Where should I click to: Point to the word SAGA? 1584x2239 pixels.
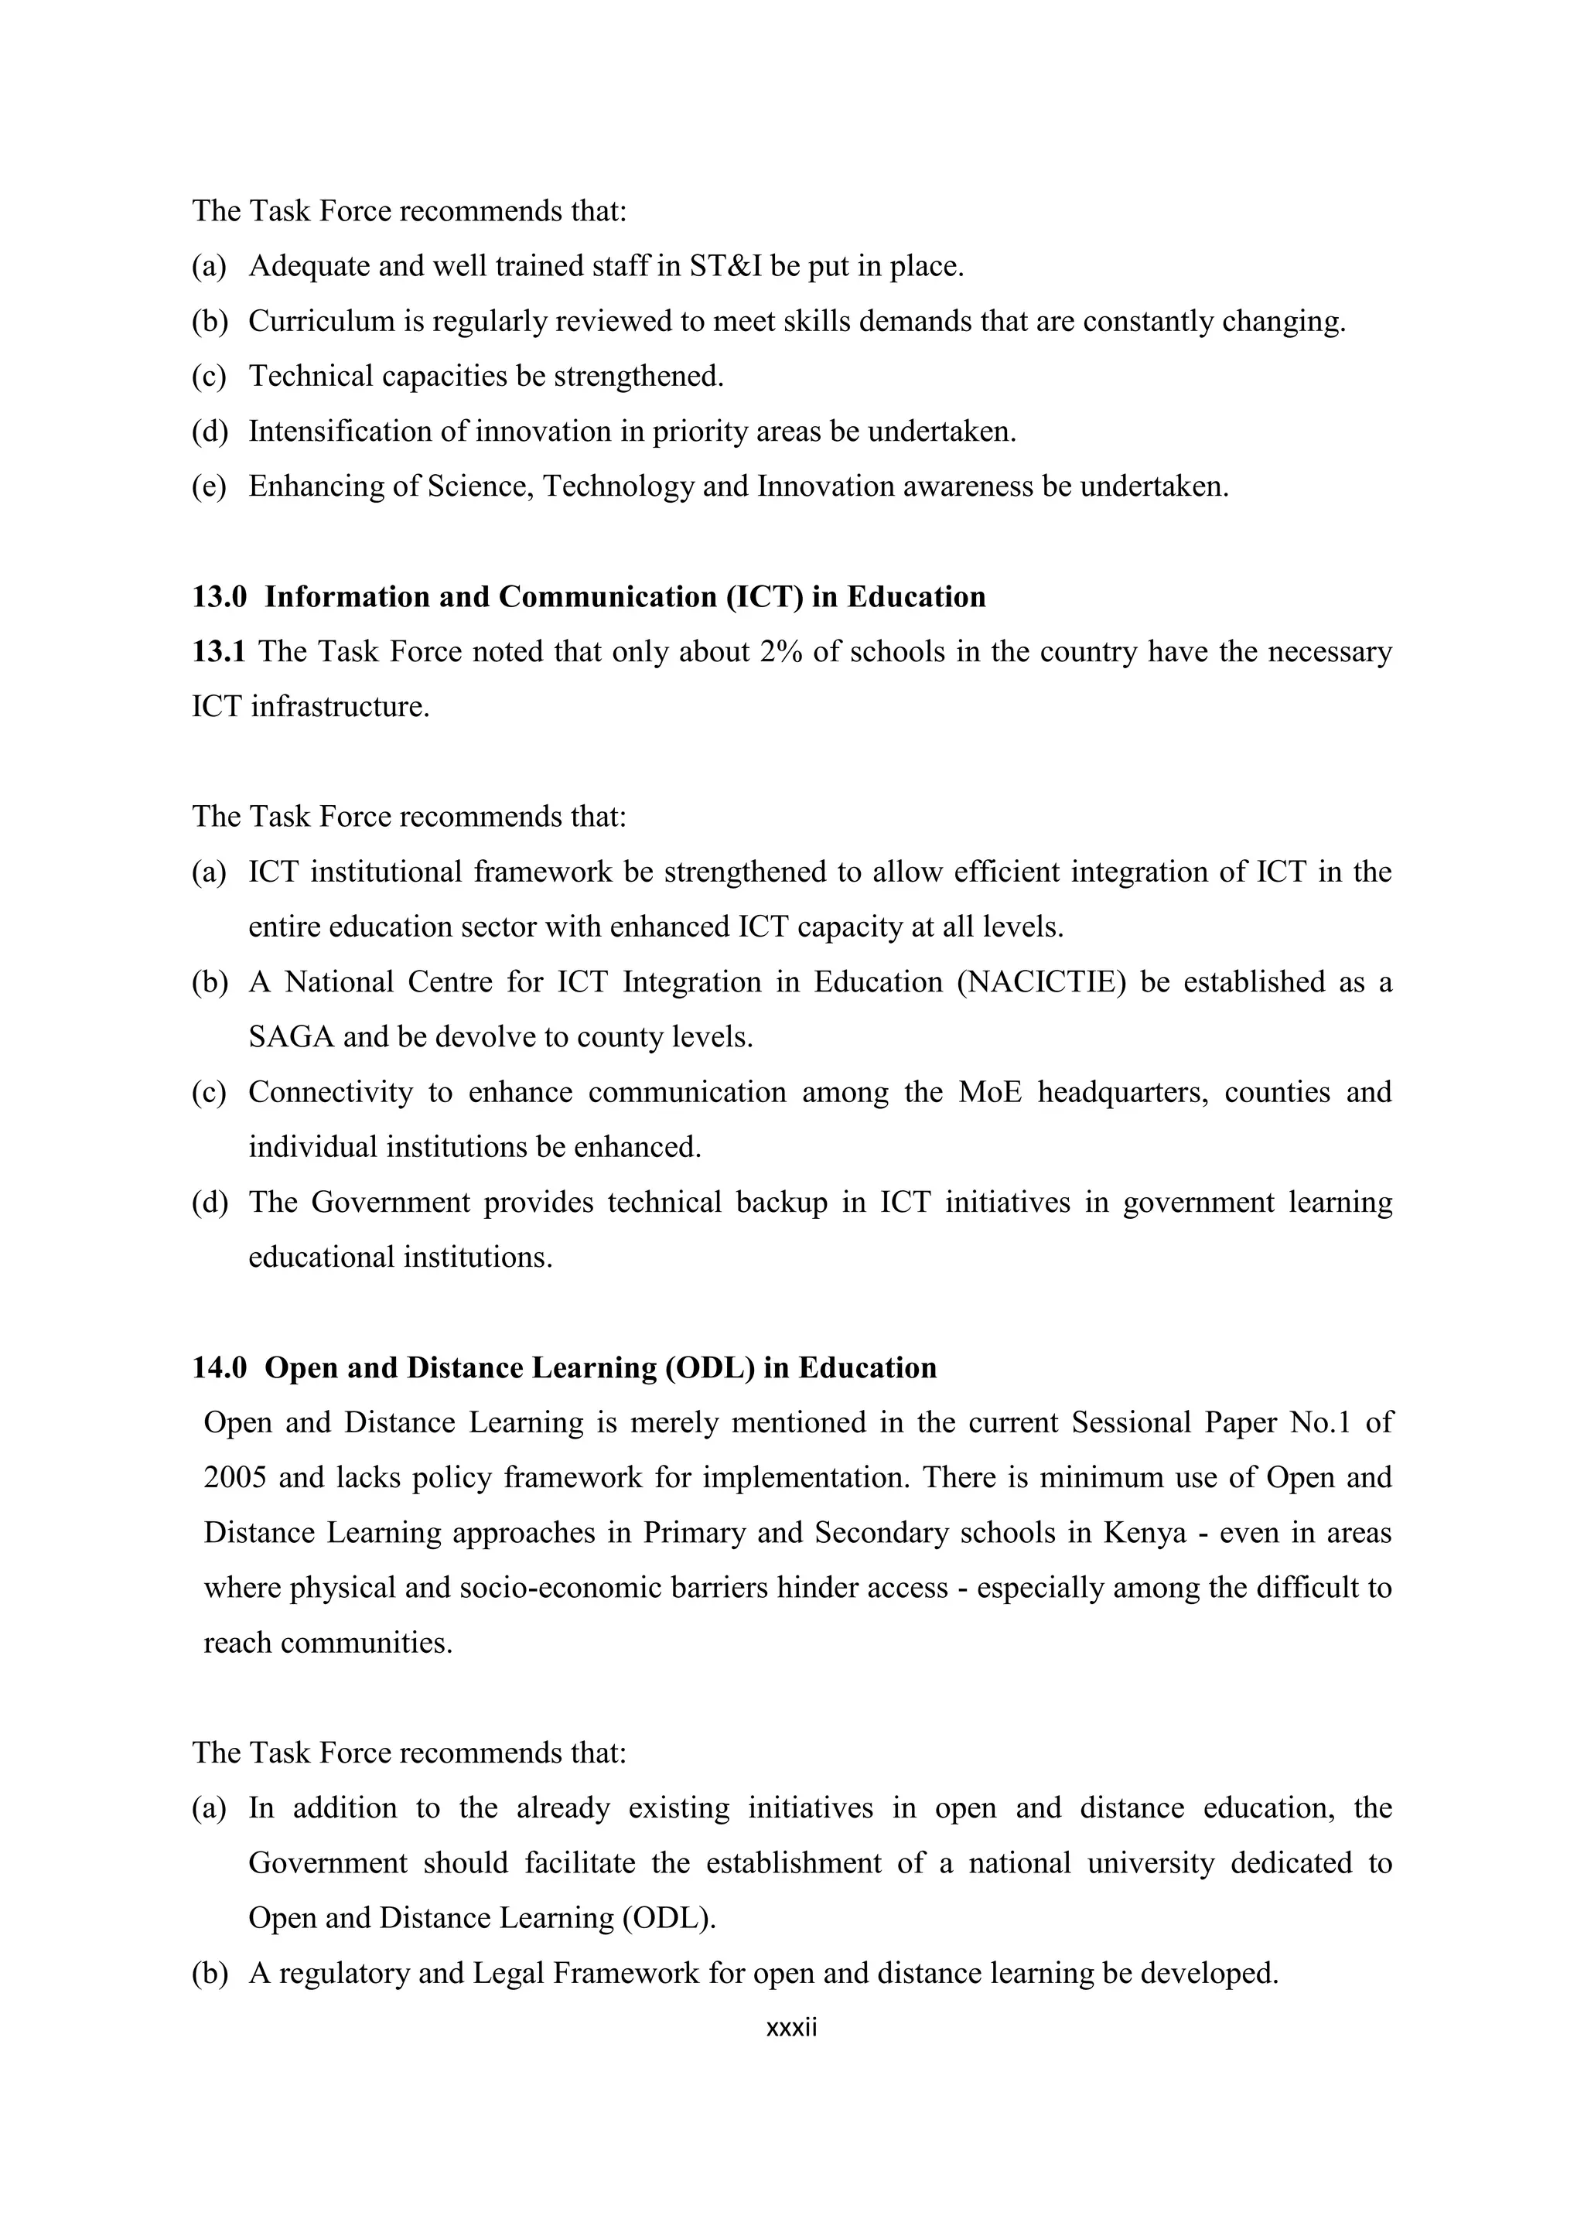(291, 1036)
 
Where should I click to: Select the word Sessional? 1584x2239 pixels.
(1131, 1423)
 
